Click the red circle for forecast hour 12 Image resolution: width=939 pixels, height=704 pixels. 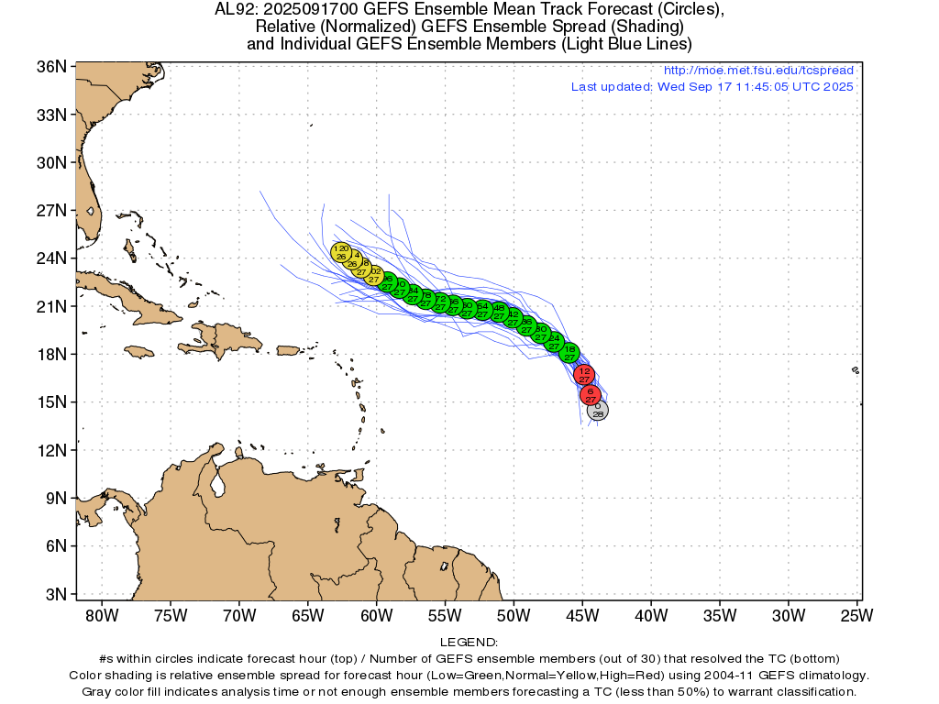[x=584, y=374]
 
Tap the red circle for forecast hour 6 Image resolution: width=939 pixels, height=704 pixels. [x=591, y=395]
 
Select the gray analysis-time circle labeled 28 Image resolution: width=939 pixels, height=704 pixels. [x=598, y=410]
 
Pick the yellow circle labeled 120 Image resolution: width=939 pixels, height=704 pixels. [x=341, y=252]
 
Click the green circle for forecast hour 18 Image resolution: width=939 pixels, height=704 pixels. [x=569, y=352]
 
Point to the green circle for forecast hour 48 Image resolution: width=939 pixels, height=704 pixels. [x=499, y=311]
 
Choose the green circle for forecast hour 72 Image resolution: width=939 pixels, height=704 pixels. [x=440, y=302]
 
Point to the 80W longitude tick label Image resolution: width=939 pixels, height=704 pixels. [x=102, y=613]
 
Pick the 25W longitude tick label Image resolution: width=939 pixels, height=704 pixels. [x=856, y=613]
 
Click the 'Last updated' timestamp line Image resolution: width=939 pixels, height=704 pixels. [x=712, y=87]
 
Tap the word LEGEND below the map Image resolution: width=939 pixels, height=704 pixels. [x=469, y=643]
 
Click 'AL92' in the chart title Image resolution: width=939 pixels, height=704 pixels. [x=233, y=10]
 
